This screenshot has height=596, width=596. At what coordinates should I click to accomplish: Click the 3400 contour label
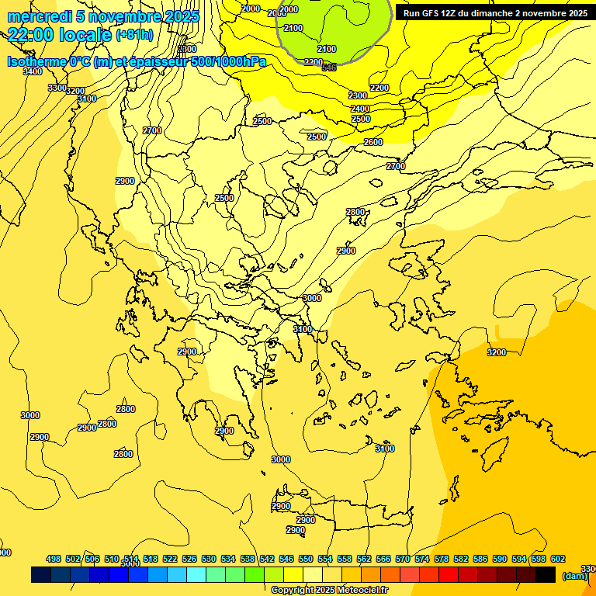click(x=33, y=71)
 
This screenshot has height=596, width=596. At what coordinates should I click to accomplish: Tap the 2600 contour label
click(x=373, y=142)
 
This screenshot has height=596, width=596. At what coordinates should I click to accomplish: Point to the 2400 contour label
click(x=360, y=109)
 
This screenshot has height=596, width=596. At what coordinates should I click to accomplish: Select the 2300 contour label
click(x=358, y=95)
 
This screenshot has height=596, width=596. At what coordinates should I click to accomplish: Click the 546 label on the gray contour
click(x=329, y=68)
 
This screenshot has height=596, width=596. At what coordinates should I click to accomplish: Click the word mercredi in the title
click(x=36, y=16)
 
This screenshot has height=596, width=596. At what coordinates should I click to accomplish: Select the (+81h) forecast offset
click(x=134, y=35)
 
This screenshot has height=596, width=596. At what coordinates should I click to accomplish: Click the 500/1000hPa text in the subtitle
click(x=228, y=62)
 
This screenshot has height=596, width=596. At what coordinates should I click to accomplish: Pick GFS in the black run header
click(x=435, y=13)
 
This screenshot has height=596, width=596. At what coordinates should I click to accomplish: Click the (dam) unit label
click(x=574, y=575)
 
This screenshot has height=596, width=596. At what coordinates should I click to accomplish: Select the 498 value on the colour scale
click(x=54, y=559)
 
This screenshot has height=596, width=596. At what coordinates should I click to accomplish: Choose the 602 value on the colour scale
click(x=558, y=559)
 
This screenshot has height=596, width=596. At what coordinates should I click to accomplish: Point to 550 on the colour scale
click(x=306, y=559)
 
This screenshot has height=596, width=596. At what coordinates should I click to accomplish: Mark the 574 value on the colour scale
click(x=422, y=559)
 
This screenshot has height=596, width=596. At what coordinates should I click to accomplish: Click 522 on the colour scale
click(x=170, y=559)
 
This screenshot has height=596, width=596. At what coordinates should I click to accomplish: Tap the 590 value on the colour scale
click(x=500, y=559)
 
